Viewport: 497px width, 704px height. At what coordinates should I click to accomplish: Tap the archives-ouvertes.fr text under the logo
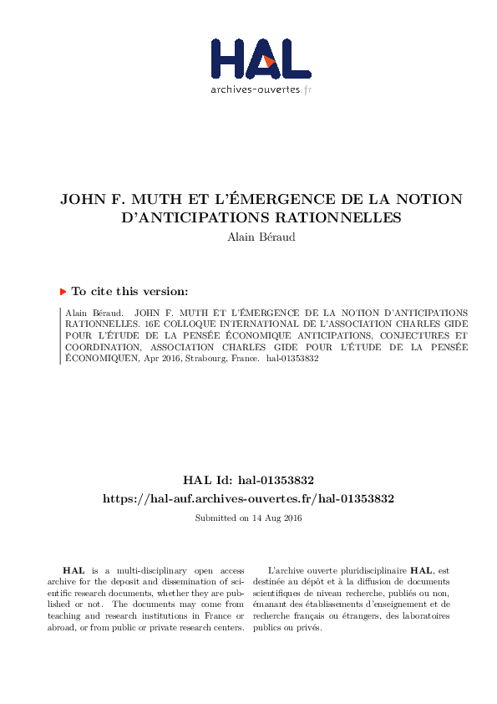pos(261,89)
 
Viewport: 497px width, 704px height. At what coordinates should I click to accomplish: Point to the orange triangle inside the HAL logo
pos(268,60)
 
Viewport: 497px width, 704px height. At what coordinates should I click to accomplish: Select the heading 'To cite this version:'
pos(129,292)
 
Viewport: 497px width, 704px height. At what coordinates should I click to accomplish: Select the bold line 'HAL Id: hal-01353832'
pos(248,481)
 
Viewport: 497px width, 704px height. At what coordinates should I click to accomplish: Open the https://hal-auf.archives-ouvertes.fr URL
pos(248,498)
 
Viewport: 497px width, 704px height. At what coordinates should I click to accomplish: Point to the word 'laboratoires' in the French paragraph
pos(423,616)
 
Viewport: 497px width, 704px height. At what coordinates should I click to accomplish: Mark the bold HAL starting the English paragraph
pos(73,569)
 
